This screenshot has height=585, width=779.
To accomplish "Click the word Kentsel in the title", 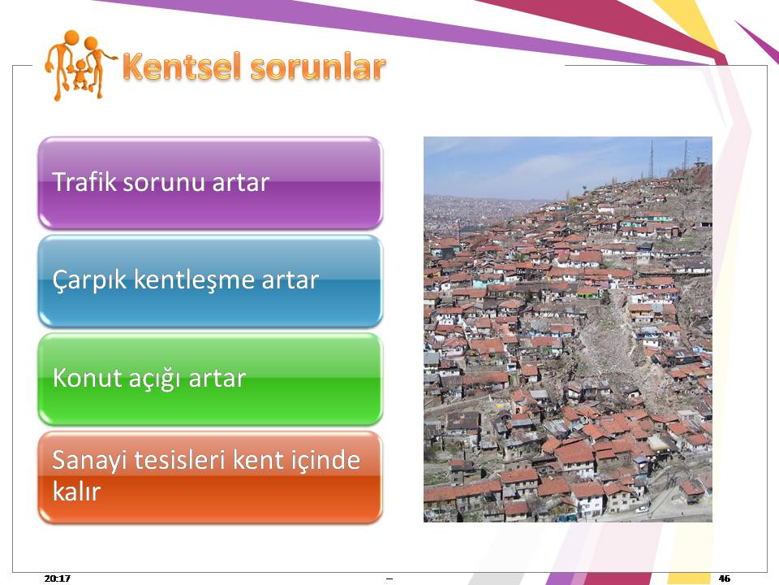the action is tap(182, 67).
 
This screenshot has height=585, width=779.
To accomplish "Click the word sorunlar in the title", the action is tap(318, 67).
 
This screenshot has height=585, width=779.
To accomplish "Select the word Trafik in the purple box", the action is tap(84, 181).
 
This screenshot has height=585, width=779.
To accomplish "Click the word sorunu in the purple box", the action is tap(165, 183).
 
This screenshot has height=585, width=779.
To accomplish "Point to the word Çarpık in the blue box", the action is tap(90, 281).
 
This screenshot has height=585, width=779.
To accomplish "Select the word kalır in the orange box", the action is tap(76, 492).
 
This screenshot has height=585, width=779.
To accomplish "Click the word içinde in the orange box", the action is tap(326, 461).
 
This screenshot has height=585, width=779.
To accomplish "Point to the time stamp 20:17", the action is tap(57, 578).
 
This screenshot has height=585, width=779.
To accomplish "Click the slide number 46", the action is tap(725, 578).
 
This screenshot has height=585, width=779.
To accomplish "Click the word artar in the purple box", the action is tap(240, 183).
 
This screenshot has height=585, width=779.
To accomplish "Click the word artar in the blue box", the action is tap(291, 281).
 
